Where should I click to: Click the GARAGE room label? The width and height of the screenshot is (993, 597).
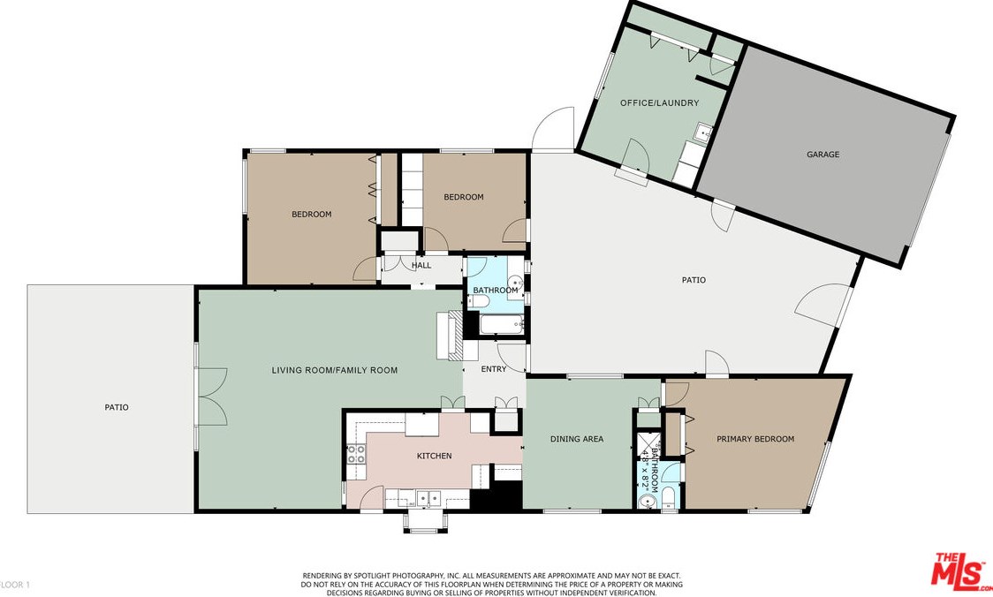click(x=822, y=154)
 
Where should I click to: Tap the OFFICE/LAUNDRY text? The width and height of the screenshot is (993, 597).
click(x=659, y=102)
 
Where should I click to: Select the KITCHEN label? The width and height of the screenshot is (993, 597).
click(x=434, y=456)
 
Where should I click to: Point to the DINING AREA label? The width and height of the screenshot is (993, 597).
click(x=576, y=439)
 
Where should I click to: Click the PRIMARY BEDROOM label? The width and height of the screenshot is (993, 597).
click(x=754, y=439)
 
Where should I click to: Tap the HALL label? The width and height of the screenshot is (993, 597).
click(x=421, y=265)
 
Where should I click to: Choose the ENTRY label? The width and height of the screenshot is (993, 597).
click(x=493, y=369)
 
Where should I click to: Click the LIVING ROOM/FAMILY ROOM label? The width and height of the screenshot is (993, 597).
click(x=334, y=370)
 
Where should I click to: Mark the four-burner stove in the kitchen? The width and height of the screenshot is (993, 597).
click(x=356, y=453)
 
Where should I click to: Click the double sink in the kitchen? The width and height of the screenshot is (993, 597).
click(x=428, y=498)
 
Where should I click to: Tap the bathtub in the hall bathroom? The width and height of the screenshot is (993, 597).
click(x=502, y=325)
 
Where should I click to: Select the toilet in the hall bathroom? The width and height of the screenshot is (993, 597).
click(x=477, y=301)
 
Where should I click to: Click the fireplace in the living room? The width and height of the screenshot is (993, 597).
click(x=449, y=336)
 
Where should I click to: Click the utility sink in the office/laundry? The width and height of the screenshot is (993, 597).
click(x=702, y=133)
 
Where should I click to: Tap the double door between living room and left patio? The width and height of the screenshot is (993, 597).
click(x=212, y=397)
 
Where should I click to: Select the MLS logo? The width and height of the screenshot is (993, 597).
click(x=959, y=570)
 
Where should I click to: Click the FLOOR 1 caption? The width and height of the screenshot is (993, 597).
click(x=14, y=585)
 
